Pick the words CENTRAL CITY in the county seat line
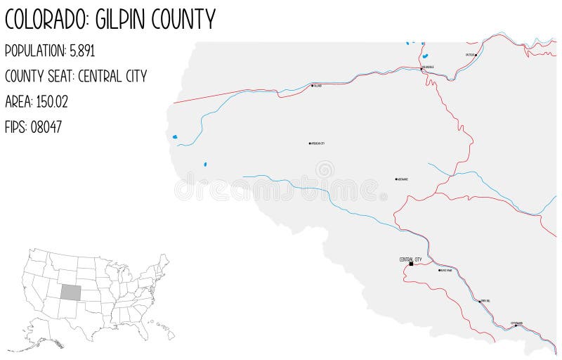point(113,77)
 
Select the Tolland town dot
point(312,86)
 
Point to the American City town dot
point(309,143)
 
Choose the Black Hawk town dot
point(438,270)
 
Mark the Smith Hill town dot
point(480,301)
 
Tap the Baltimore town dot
point(396,179)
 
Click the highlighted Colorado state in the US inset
point(70,292)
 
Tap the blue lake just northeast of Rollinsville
point(425,56)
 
